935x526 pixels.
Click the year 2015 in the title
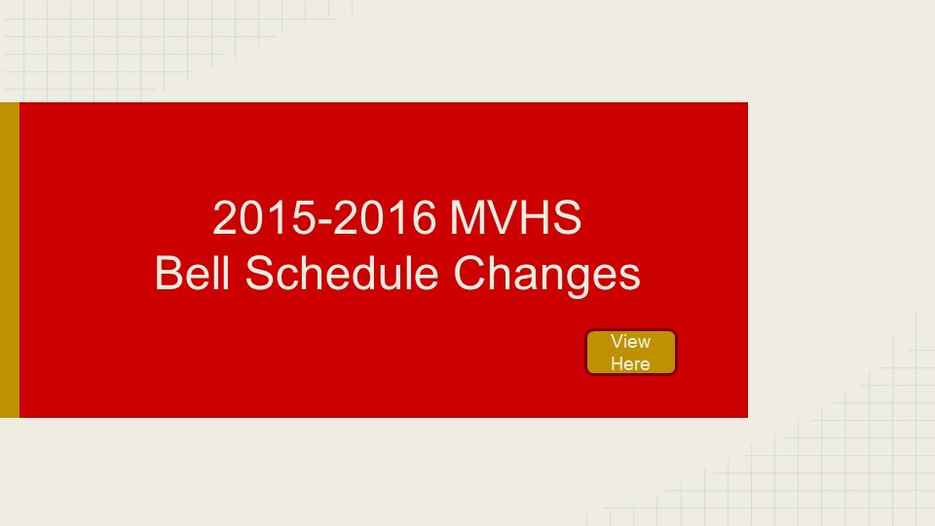[x=264, y=217]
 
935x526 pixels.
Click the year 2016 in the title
[x=384, y=217]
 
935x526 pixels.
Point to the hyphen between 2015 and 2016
[x=324, y=222]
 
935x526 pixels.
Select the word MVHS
[x=515, y=217]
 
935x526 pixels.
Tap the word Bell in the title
[x=192, y=273]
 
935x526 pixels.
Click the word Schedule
[x=342, y=273]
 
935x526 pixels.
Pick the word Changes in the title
[x=546, y=276]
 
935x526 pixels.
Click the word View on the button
[x=630, y=342]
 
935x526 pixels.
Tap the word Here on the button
[x=630, y=363]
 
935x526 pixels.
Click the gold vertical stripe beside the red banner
[x=10, y=260]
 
